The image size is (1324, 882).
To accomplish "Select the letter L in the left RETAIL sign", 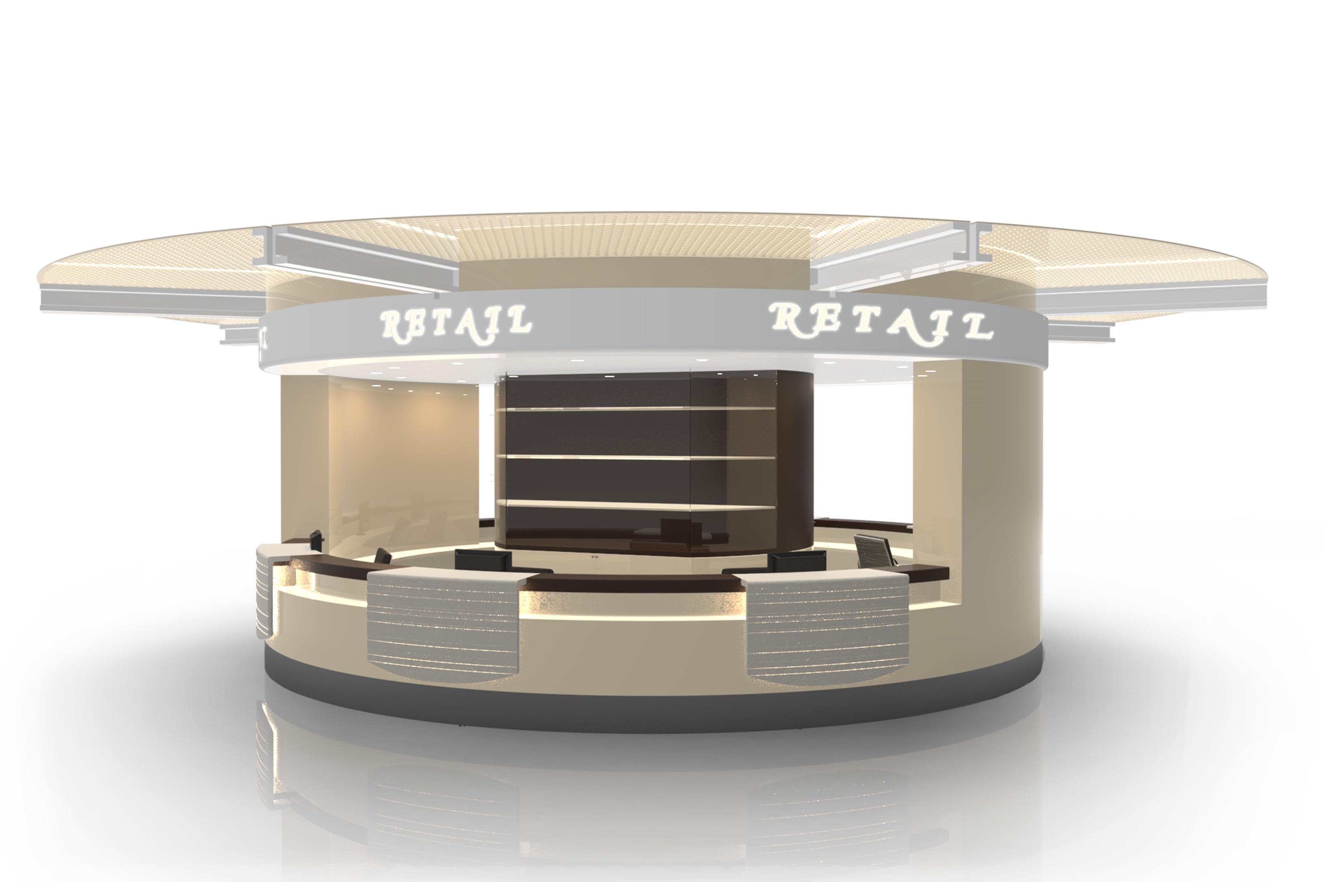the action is pyautogui.click(x=518, y=319).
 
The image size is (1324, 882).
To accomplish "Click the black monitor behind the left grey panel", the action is pyautogui.click(x=483, y=560).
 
